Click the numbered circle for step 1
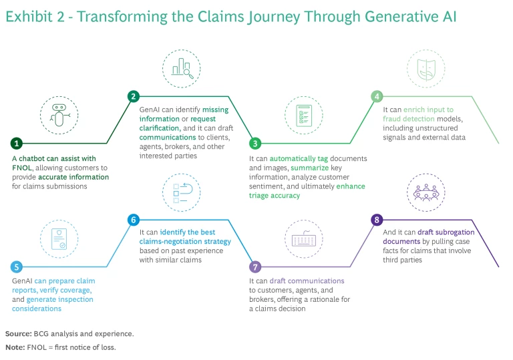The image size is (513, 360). point(17,143)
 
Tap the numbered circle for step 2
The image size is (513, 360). point(134,96)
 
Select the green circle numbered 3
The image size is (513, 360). point(254,143)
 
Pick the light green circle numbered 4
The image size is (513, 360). point(377,96)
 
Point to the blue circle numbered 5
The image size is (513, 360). point(17,266)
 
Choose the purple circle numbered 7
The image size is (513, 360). point(254,266)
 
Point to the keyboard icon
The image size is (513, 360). point(303,236)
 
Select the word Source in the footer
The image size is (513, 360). point(18,333)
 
